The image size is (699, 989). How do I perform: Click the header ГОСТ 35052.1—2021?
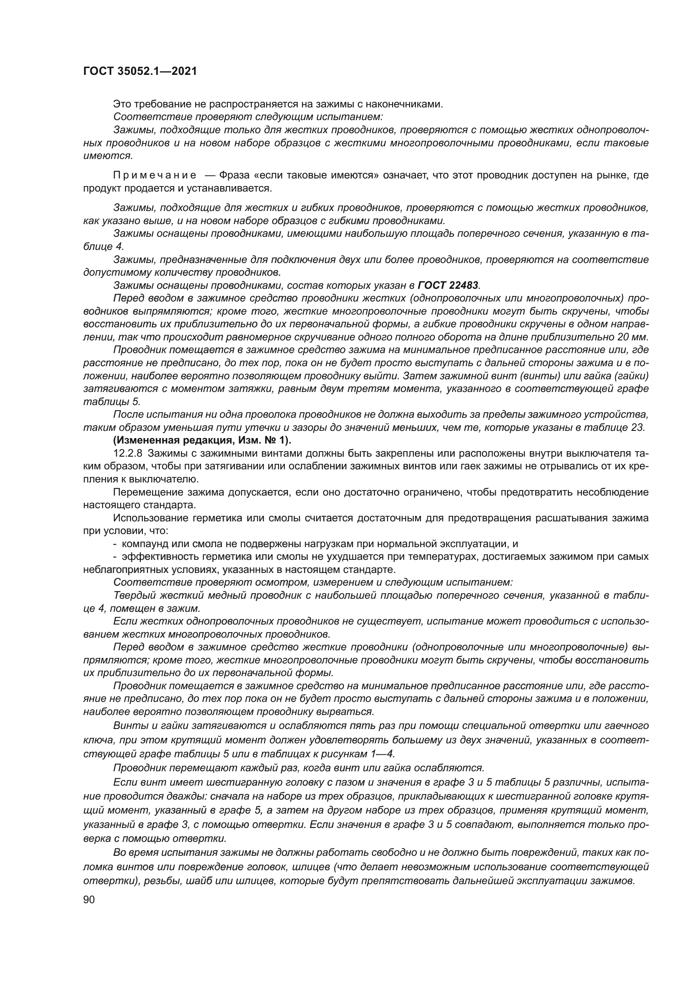point(140,71)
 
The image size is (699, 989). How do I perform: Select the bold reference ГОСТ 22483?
point(448,285)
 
